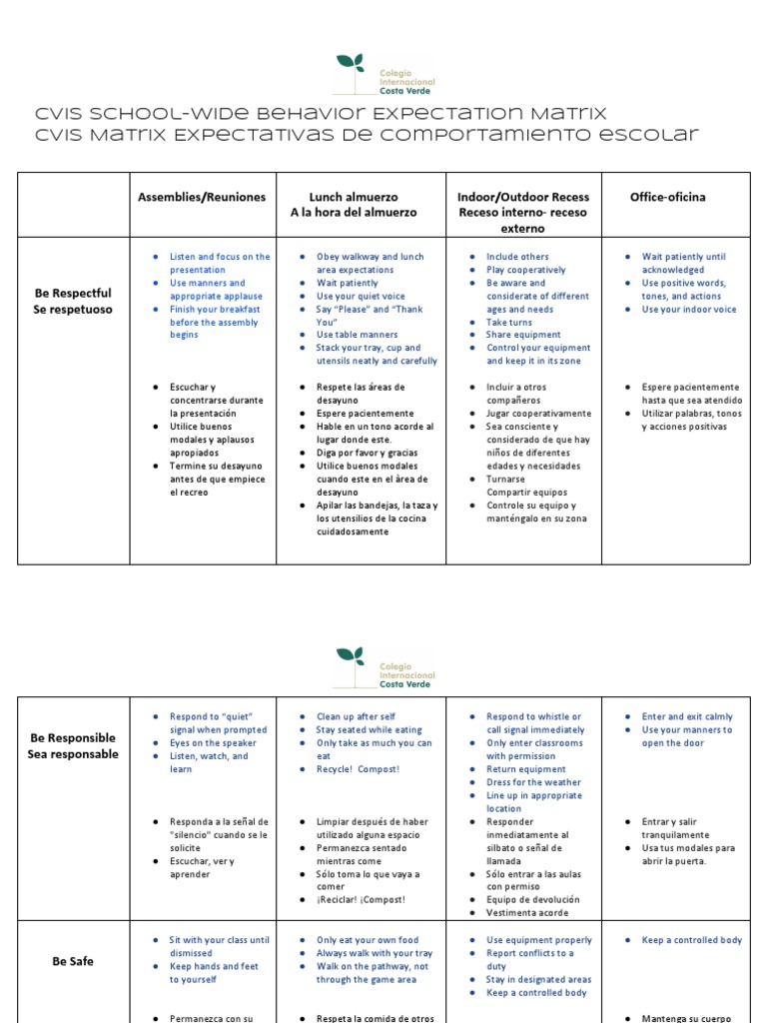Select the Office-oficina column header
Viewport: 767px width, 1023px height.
[667, 197]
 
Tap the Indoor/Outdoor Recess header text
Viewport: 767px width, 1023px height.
[523, 197]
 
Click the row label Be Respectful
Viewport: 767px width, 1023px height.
[73, 294]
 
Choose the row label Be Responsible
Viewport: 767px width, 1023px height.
[73, 738]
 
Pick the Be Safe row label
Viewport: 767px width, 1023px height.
[73, 961]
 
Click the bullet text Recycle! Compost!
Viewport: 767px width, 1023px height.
[359, 769]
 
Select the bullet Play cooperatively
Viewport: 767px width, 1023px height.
[525, 270]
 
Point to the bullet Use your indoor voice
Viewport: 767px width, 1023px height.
[689, 310]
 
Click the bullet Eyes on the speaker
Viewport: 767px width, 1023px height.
[213, 743]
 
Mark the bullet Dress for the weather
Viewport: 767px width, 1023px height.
[533, 782]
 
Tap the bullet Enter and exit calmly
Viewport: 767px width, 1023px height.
[687, 716]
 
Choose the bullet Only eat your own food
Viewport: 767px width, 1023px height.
[368, 940]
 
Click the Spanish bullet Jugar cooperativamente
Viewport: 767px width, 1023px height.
[538, 413]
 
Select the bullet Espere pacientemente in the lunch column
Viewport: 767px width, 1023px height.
[365, 413]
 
